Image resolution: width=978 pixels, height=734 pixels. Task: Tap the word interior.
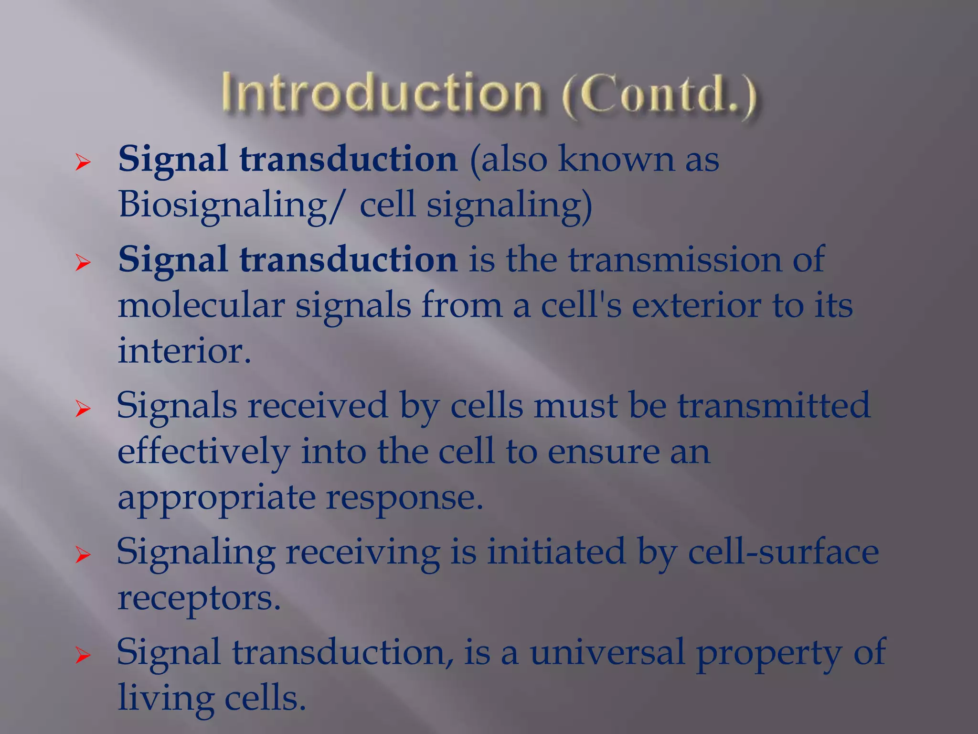(x=184, y=350)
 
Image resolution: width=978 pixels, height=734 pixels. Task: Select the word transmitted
(x=774, y=405)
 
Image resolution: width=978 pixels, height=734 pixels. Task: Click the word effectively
(x=203, y=452)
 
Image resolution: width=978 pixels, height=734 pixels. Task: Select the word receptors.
(x=199, y=598)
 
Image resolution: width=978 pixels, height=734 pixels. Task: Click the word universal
(x=606, y=652)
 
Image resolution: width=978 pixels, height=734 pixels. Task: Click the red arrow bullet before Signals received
(x=83, y=409)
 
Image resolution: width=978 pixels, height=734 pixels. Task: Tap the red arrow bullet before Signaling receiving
(x=83, y=555)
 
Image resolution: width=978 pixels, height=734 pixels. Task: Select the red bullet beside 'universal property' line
(x=83, y=656)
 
